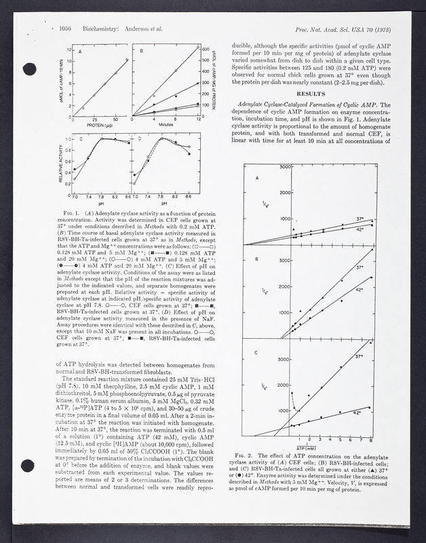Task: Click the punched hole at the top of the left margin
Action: tap(28, 69)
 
